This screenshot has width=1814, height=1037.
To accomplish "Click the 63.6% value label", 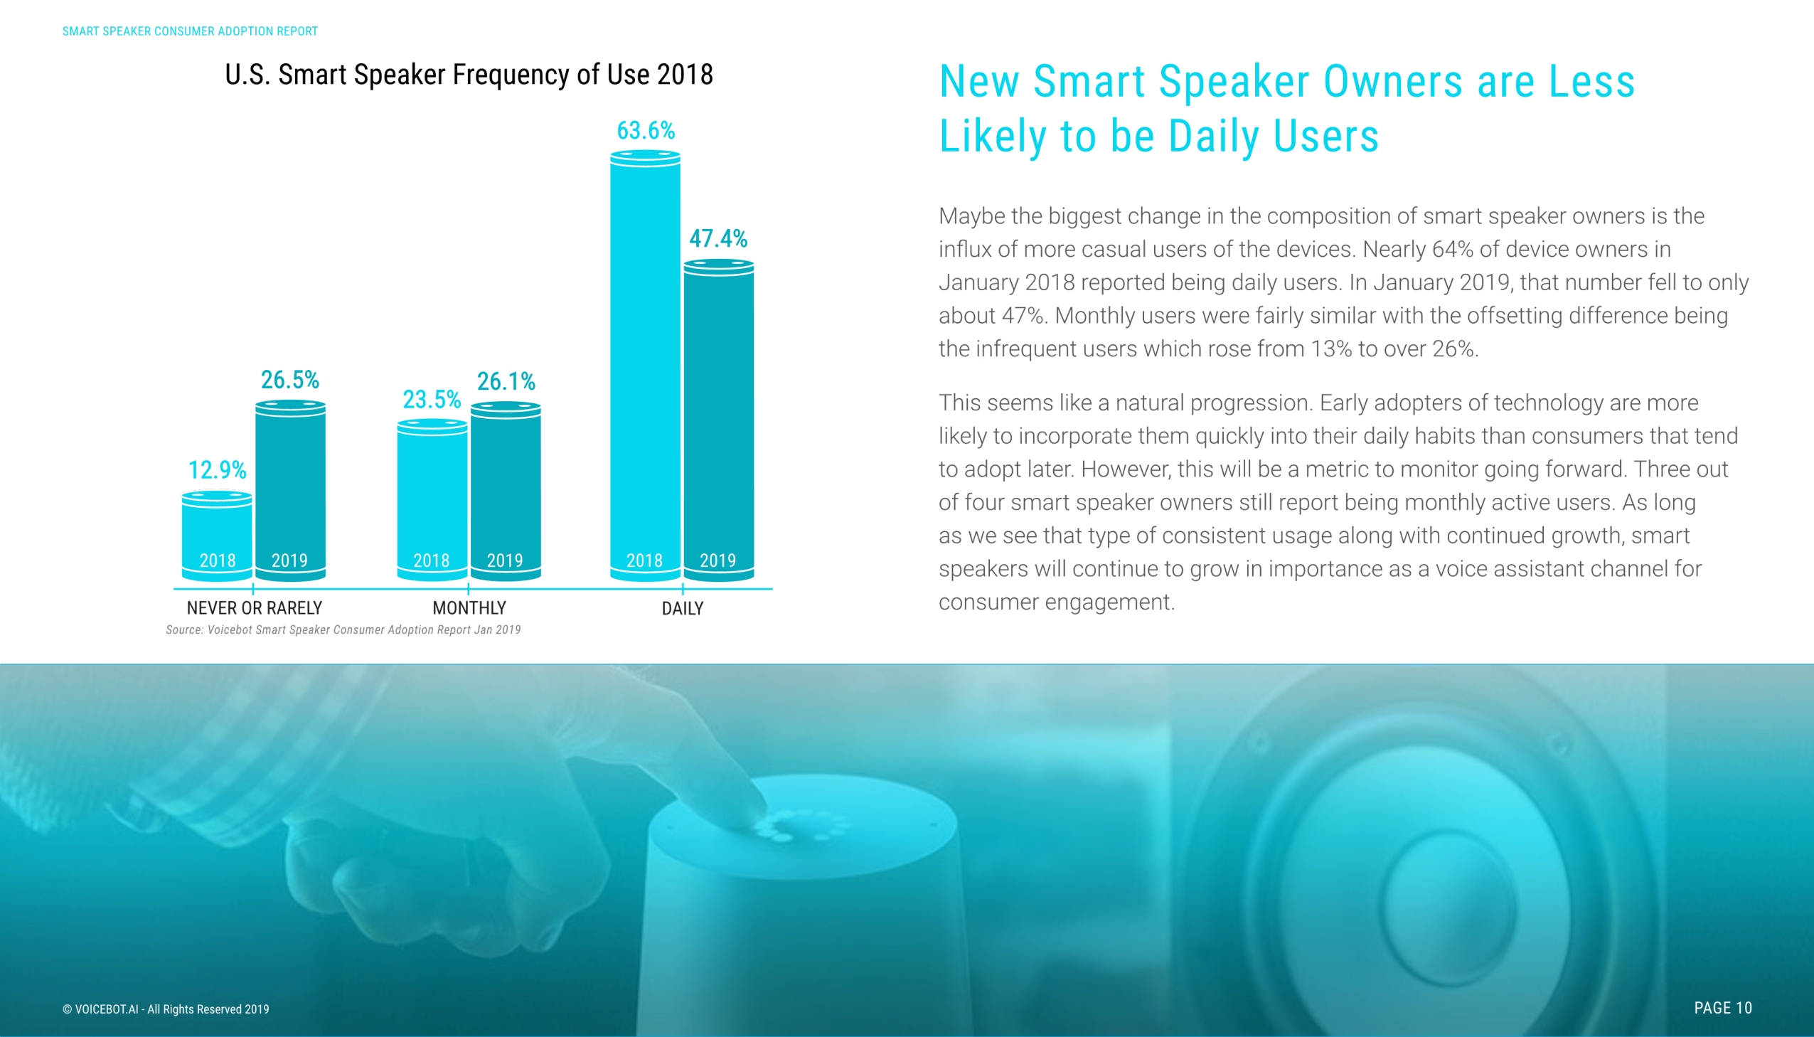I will click(x=645, y=130).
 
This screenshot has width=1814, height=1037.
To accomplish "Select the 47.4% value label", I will click(x=717, y=238).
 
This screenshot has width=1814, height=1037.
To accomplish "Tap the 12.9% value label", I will click(x=216, y=470).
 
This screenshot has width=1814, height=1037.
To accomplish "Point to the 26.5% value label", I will click(x=289, y=380).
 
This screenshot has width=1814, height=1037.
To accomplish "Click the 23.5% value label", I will click(x=432, y=400).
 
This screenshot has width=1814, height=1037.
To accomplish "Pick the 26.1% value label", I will click(x=506, y=381).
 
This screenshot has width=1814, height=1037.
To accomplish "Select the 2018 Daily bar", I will click(x=645, y=363).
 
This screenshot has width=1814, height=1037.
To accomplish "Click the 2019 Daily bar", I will click(x=718, y=420).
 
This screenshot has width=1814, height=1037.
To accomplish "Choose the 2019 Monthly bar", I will click(x=506, y=491).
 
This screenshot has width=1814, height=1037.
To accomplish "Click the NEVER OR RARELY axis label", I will click(x=254, y=607).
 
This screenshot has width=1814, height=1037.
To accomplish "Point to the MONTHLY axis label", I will click(x=469, y=607).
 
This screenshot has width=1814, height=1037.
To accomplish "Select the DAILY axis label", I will click(x=682, y=608).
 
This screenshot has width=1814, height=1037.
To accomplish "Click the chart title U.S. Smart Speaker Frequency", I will click(x=469, y=74).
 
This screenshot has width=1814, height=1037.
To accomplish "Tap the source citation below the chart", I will click(x=343, y=629).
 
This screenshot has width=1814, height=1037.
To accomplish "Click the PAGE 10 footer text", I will click(x=1722, y=1007).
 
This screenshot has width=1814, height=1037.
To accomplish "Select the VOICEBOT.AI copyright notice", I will click(x=166, y=1009).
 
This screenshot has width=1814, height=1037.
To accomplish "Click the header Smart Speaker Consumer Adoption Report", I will click(x=190, y=31).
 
